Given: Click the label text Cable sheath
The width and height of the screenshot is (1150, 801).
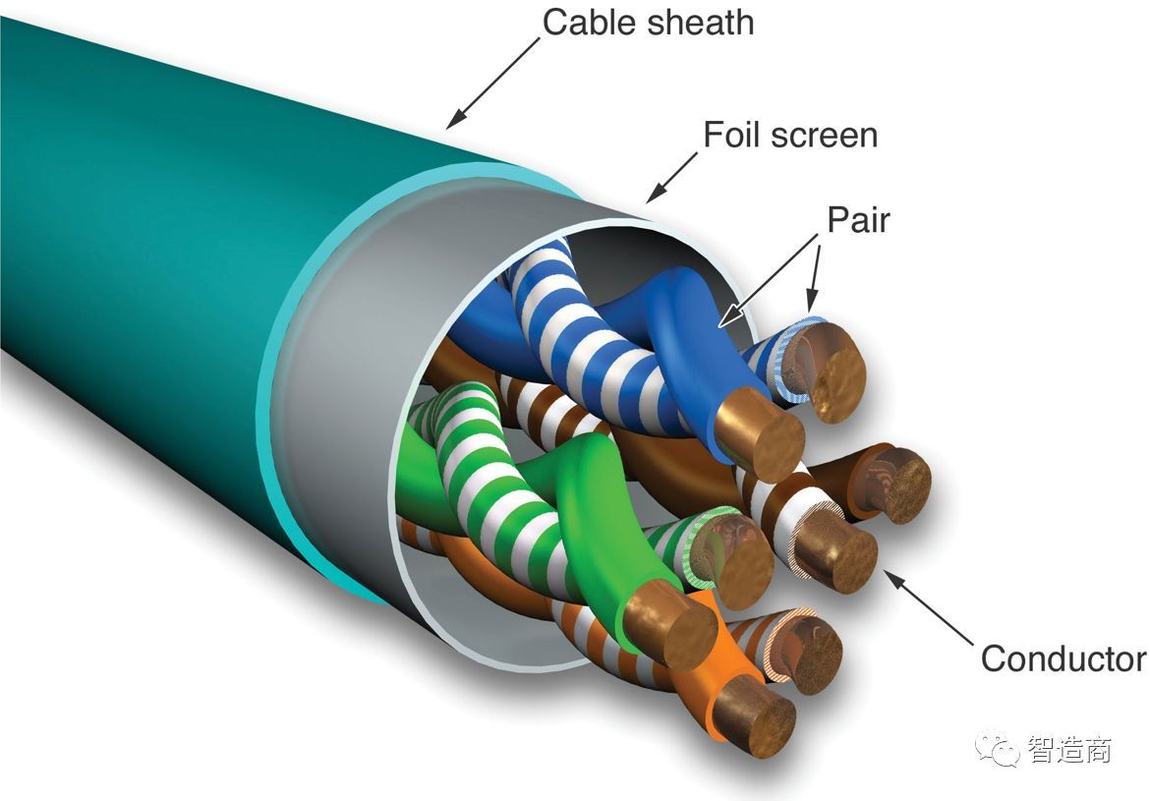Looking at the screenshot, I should (x=648, y=22).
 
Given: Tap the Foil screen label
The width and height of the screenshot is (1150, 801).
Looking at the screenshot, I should (x=790, y=135).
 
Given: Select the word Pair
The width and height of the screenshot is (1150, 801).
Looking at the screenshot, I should (x=858, y=220).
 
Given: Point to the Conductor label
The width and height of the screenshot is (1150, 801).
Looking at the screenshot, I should (x=1063, y=658).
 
